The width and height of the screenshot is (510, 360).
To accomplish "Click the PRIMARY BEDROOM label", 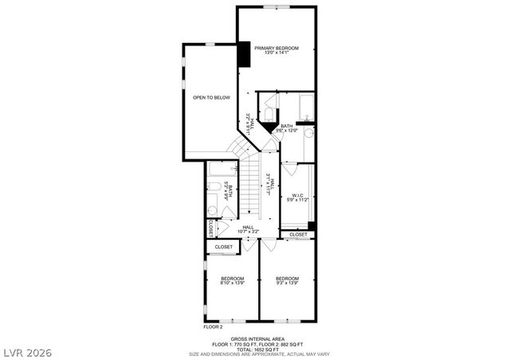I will pos(277,49).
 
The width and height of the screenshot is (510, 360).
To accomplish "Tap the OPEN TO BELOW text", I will pos(211,97).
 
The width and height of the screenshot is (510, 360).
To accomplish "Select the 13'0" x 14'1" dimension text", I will pos(277,54).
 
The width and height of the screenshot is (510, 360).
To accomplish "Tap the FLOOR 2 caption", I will pos(213,327).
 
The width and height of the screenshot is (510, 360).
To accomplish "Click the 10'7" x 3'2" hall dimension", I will pos(249,232).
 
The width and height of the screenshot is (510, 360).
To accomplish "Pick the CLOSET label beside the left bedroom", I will pos(224,247).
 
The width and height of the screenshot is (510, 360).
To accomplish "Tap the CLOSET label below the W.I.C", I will pos(298,235).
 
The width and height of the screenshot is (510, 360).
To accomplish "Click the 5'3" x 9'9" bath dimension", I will pos(228,192).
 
